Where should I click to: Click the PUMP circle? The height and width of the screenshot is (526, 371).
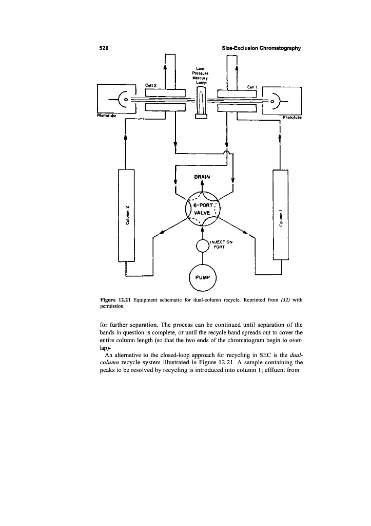tap(203, 278)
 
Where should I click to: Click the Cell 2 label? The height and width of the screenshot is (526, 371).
tap(150, 85)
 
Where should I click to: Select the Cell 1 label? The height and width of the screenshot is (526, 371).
tap(252, 87)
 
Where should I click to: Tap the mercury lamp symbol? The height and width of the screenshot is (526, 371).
tap(201, 102)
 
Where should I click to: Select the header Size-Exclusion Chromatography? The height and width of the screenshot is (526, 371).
tap(262, 48)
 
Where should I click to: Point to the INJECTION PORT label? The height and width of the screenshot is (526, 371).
tap(222, 244)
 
